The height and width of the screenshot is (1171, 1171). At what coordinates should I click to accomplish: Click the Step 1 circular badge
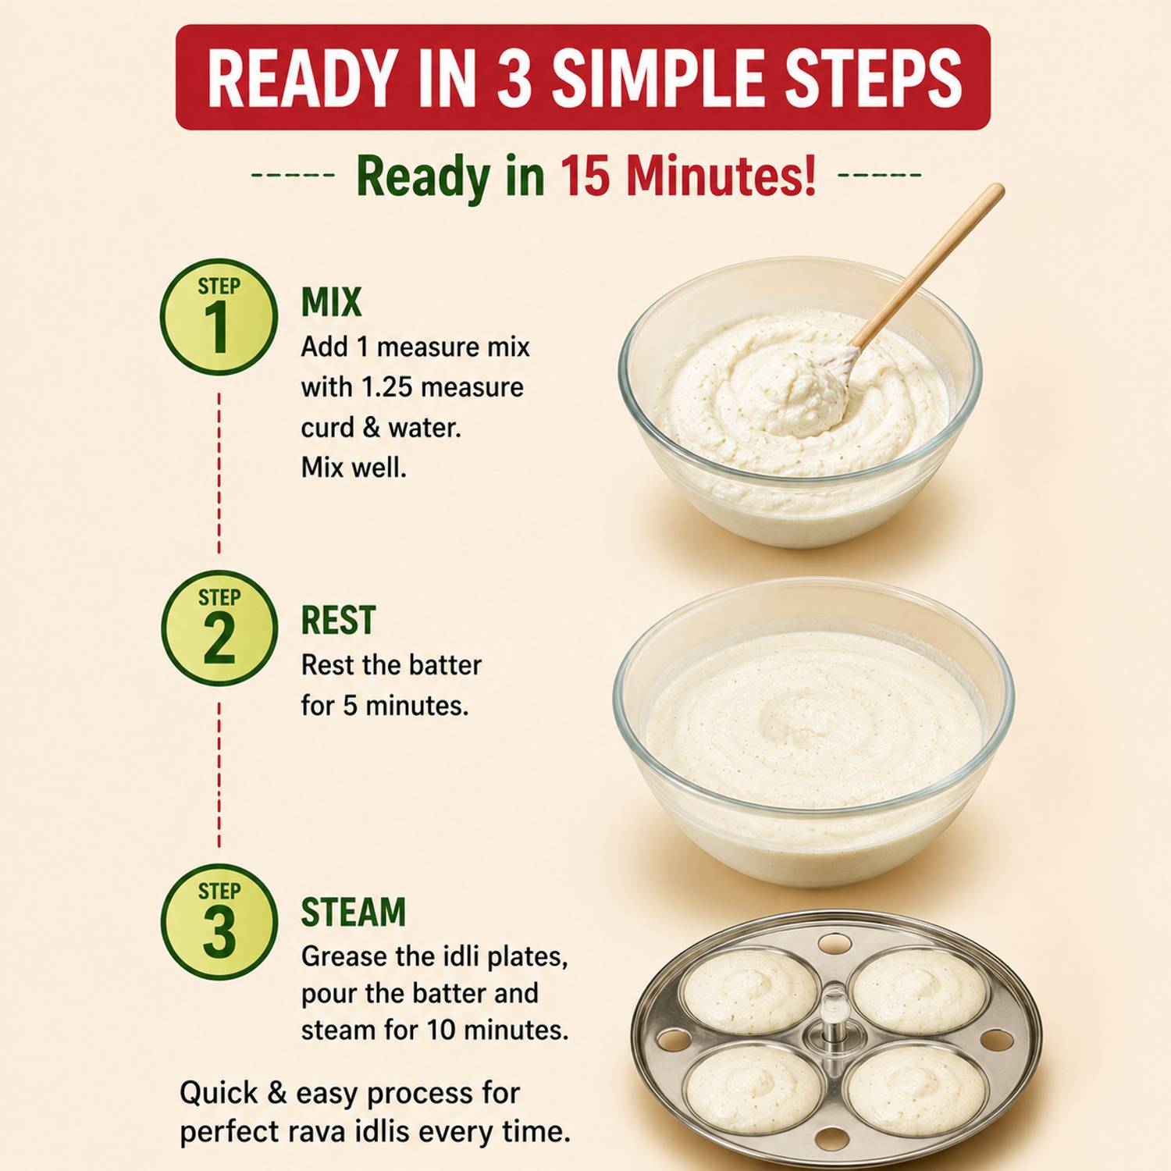[x=219, y=317]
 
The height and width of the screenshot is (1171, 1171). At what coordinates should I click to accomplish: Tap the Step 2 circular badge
[x=219, y=628]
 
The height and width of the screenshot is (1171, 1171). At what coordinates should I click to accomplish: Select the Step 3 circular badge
[x=219, y=922]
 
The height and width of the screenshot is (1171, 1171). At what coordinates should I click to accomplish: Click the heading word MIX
[x=332, y=302]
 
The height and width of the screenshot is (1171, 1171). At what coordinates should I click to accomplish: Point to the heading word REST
[x=338, y=621]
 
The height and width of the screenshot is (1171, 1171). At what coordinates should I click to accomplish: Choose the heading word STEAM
[x=354, y=912]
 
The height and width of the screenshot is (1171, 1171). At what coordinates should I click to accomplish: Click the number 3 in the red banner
[x=514, y=77]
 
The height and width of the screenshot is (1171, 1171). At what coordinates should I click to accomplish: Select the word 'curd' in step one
[x=328, y=428]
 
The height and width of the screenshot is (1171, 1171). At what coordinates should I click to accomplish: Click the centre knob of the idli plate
[x=834, y=1013]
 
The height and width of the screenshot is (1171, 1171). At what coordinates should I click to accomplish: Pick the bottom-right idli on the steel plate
[x=916, y=1091]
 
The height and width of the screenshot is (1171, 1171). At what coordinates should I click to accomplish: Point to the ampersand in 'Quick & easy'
[x=277, y=1093]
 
